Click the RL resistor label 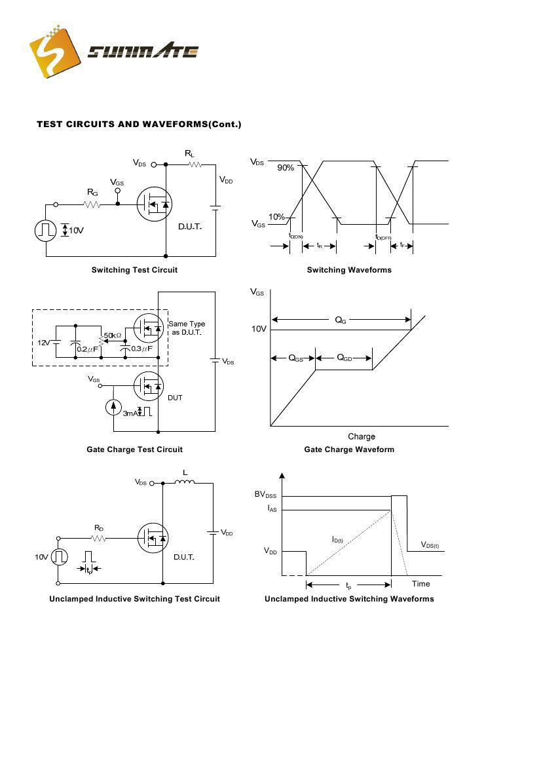(x=189, y=153)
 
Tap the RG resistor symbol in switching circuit (x=92, y=204)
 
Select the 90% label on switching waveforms (x=286, y=168)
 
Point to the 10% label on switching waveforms (x=276, y=217)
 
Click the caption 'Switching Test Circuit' (x=134, y=270)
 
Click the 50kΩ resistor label (x=113, y=335)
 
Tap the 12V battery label (x=43, y=343)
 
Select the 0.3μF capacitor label (x=141, y=349)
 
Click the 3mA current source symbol (x=113, y=407)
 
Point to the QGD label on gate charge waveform (x=345, y=358)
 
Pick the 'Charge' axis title (x=362, y=436)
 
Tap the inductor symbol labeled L (x=185, y=483)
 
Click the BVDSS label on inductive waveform (x=265, y=495)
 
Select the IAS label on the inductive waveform (x=272, y=509)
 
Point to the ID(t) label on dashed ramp (x=337, y=540)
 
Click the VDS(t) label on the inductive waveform (x=430, y=545)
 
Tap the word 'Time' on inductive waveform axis (x=421, y=584)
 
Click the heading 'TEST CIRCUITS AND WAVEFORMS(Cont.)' (x=139, y=124)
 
